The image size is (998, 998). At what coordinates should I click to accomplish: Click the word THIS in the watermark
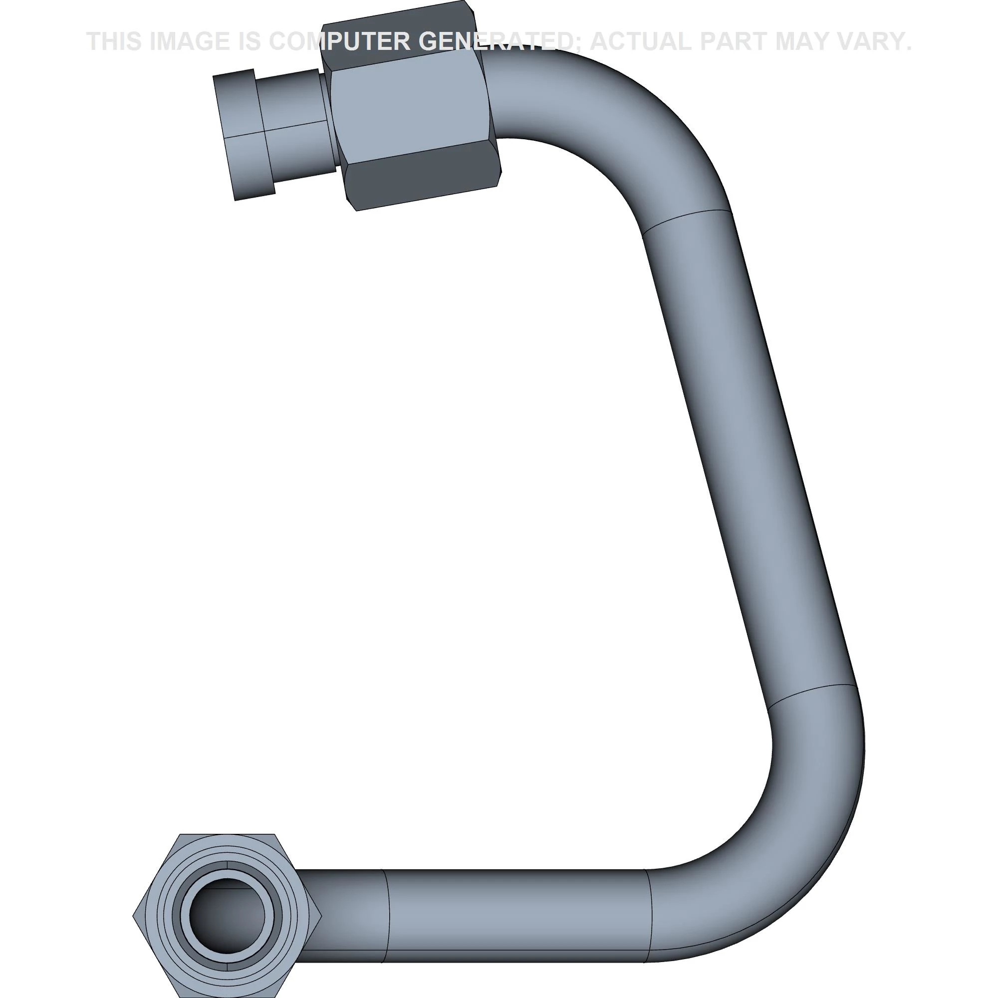click(115, 41)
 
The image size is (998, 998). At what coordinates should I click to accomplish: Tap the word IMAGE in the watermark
click(189, 41)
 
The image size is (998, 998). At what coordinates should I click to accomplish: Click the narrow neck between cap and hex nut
click(297, 127)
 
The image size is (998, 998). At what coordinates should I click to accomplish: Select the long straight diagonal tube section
click(749, 455)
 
